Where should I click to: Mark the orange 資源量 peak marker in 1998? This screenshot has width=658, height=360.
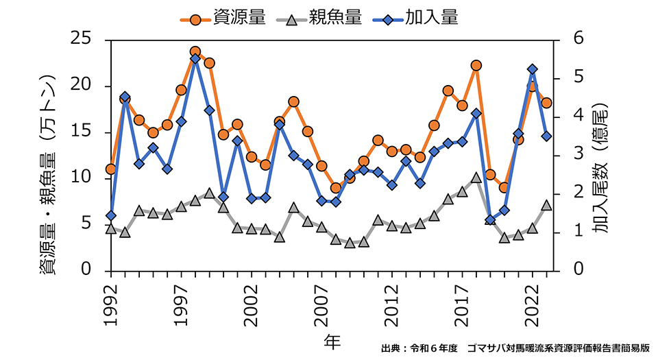195,51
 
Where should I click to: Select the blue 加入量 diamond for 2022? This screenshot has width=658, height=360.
533,69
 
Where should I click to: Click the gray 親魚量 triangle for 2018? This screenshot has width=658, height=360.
476,178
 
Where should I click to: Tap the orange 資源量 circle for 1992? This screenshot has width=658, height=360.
111,169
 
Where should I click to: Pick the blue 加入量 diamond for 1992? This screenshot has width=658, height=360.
111,215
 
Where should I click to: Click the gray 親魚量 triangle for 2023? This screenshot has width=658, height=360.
546,205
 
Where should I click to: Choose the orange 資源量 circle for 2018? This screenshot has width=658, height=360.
476,65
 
